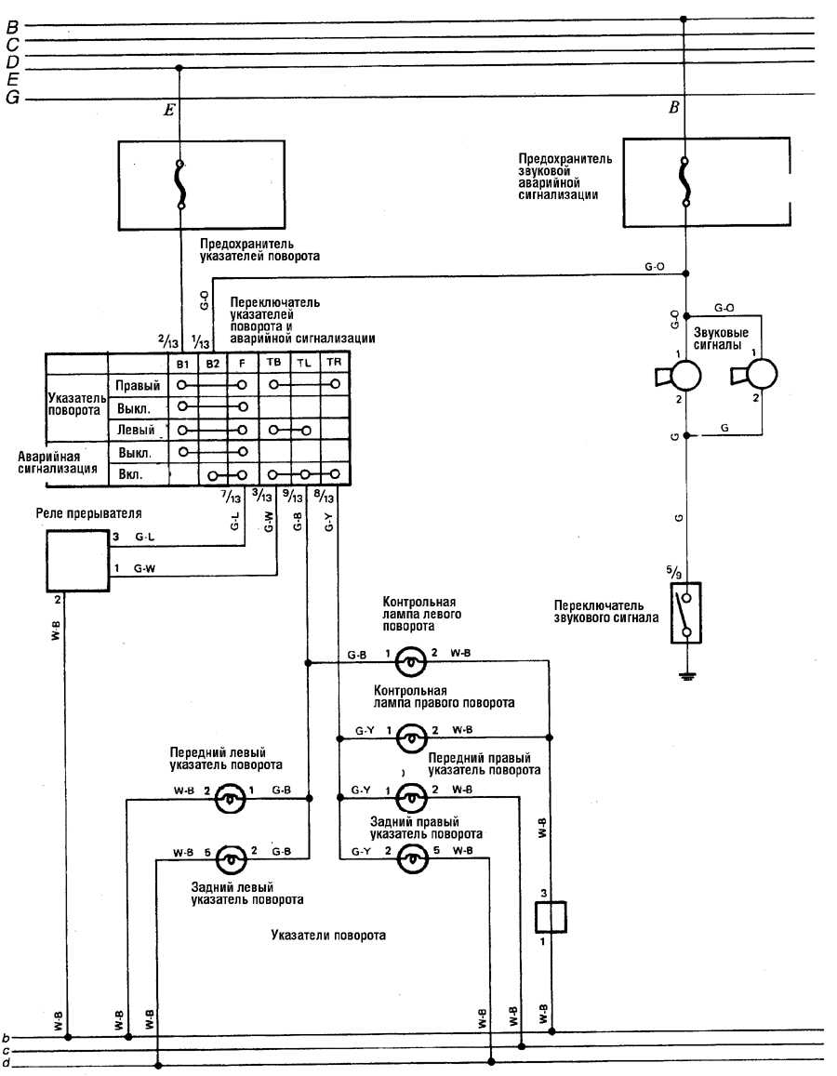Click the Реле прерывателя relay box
click(x=77, y=561)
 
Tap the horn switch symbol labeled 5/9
click(x=685, y=613)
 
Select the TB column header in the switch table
click(x=273, y=363)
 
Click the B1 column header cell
click(x=182, y=364)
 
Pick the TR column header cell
click(x=334, y=363)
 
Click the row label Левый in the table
click(x=136, y=431)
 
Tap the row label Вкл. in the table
click(x=131, y=474)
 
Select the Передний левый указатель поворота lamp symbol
click(x=231, y=798)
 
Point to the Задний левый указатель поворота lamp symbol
click(x=232, y=858)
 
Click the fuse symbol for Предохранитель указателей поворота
click(x=180, y=184)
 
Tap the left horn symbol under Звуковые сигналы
click(x=679, y=376)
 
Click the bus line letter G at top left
click(x=12, y=99)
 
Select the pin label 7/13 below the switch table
click(x=232, y=496)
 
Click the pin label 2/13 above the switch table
click(x=167, y=341)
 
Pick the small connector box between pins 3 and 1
click(x=551, y=917)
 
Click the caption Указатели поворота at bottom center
click(x=328, y=936)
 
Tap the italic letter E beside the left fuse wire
click(x=168, y=110)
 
